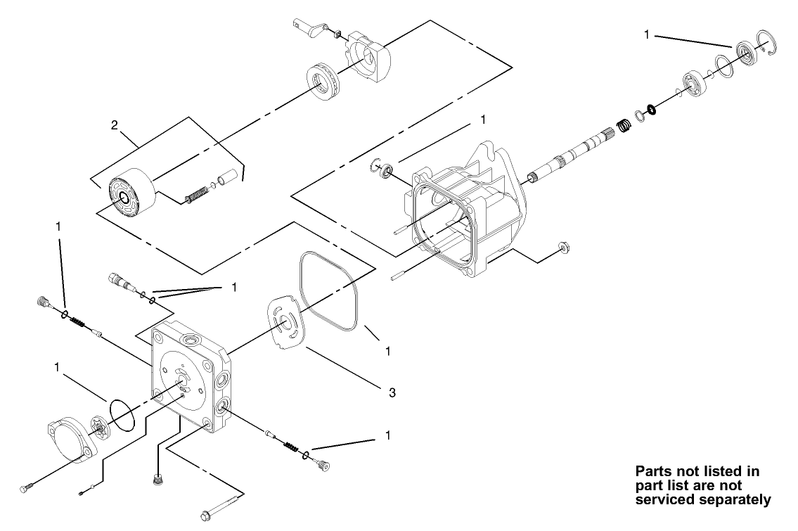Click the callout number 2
pyautogui.click(x=114, y=126)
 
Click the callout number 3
pyautogui.click(x=392, y=392)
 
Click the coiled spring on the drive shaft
pyautogui.click(x=622, y=127)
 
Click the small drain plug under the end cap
pyautogui.click(x=158, y=479)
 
